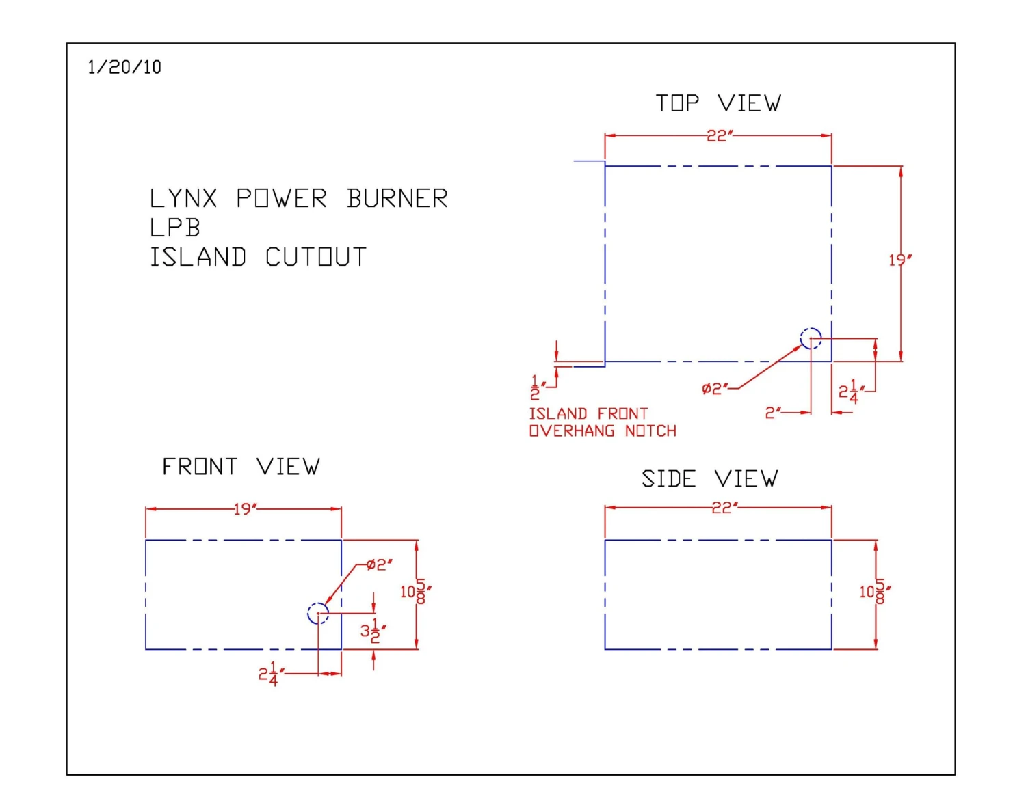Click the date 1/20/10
124,67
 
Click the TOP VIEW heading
718,103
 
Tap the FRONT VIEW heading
240,467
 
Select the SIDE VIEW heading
709,478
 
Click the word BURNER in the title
397,199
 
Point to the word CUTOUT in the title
315,258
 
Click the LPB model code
175,228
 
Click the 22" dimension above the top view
719,136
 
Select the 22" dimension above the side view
724,508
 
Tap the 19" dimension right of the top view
899,260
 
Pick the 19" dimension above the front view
245,509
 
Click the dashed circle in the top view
811,338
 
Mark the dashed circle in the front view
318,613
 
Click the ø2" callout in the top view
715,389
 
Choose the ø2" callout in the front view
379,564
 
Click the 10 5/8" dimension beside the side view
874,591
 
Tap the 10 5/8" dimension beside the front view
415,591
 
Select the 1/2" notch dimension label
536,388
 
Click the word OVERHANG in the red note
571,431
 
